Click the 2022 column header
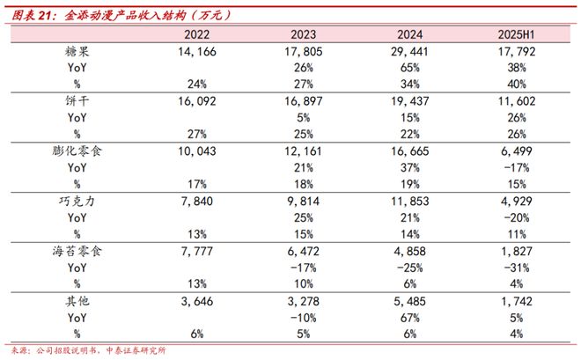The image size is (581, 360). point(195,35)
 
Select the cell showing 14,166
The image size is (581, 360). point(195,53)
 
